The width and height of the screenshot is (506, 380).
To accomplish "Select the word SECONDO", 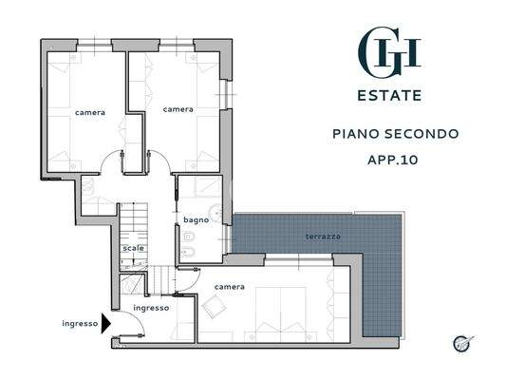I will pyautogui.click(x=426, y=134).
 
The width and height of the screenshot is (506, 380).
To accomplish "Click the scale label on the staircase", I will pyautogui.click(x=133, y=248).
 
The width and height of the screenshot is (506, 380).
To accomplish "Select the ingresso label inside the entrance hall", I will pyautogui.click(x=151, y=308).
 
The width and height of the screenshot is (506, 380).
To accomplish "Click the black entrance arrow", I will pyautogui.click(x=105, y=323).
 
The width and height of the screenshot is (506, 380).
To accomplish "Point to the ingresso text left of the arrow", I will pyautogui.click(x=80, y=323).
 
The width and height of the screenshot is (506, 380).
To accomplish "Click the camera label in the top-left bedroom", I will pyautogui.click(x=90, y=112).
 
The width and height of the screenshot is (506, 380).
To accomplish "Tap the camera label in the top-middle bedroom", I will pyautogui.click(x=178, y=109).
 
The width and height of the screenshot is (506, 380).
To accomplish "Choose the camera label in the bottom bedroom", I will pyautogui.click(x=230, y=286).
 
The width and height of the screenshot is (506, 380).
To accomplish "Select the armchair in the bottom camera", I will pyautogui.click(x=214, y=307).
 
